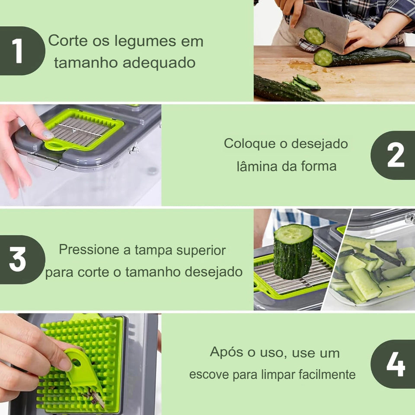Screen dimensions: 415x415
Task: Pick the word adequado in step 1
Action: tap(159, 63)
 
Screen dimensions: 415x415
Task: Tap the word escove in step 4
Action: tap(209, 374)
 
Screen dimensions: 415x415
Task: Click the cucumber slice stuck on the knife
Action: tap(314, 36)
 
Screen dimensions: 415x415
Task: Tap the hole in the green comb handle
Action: tap(76, 362)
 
